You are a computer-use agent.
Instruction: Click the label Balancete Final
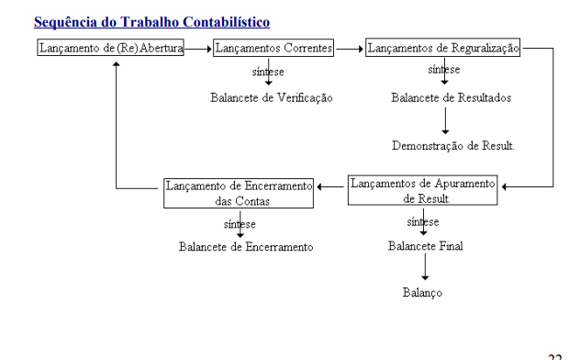tap(426, 245)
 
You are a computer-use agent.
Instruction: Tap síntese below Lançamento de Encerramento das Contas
tap(240, 223)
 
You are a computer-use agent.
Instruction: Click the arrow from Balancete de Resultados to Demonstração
tap(444, 120)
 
